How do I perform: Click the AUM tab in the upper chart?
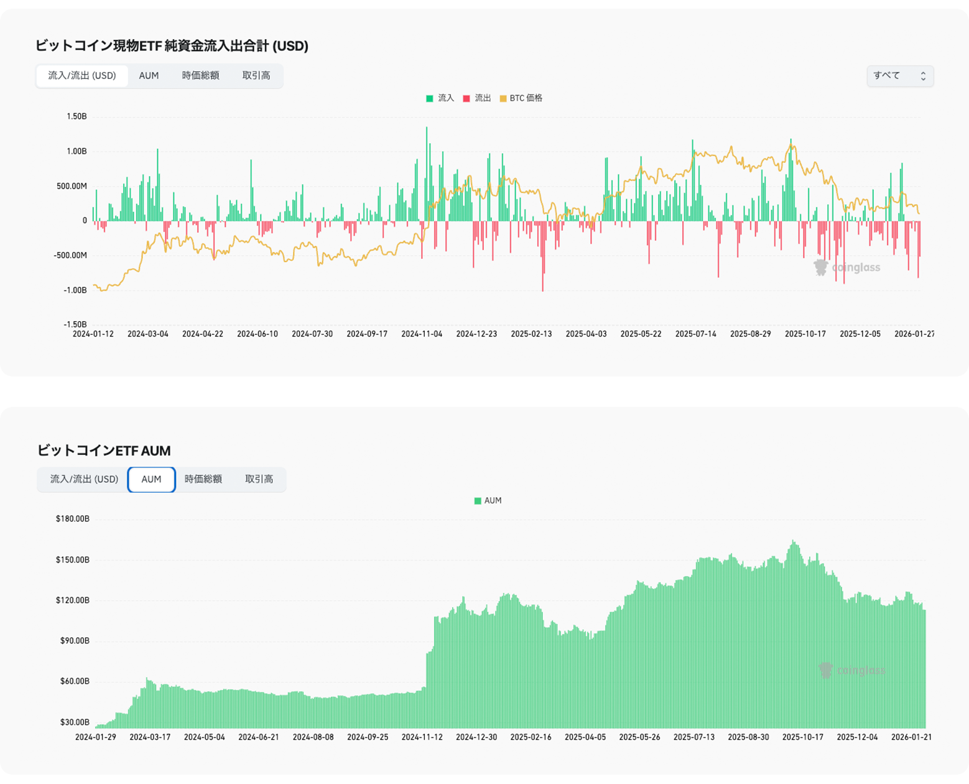(149, 76)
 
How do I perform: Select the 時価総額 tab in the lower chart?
(203, 479)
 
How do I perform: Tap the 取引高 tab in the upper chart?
(256, 76)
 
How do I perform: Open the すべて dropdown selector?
(899, 76)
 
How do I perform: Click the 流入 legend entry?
(440, 98)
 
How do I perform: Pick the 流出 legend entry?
(477, 98)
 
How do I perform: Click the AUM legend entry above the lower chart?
(488, 501)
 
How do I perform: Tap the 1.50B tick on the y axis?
(76, 117)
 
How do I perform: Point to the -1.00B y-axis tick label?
(75, 290)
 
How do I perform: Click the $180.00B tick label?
(73, 519)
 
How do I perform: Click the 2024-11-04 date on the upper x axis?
(422, 334)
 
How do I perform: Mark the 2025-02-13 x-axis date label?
(531, 334)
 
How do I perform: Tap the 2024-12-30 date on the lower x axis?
(476, 737)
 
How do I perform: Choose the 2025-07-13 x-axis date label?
(694, 737)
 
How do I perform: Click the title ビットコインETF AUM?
(103, 450)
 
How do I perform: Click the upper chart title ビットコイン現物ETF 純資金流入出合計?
(171, 46)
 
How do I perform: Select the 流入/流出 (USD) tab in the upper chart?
(82, 76)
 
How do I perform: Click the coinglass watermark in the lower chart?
(853, 671)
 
